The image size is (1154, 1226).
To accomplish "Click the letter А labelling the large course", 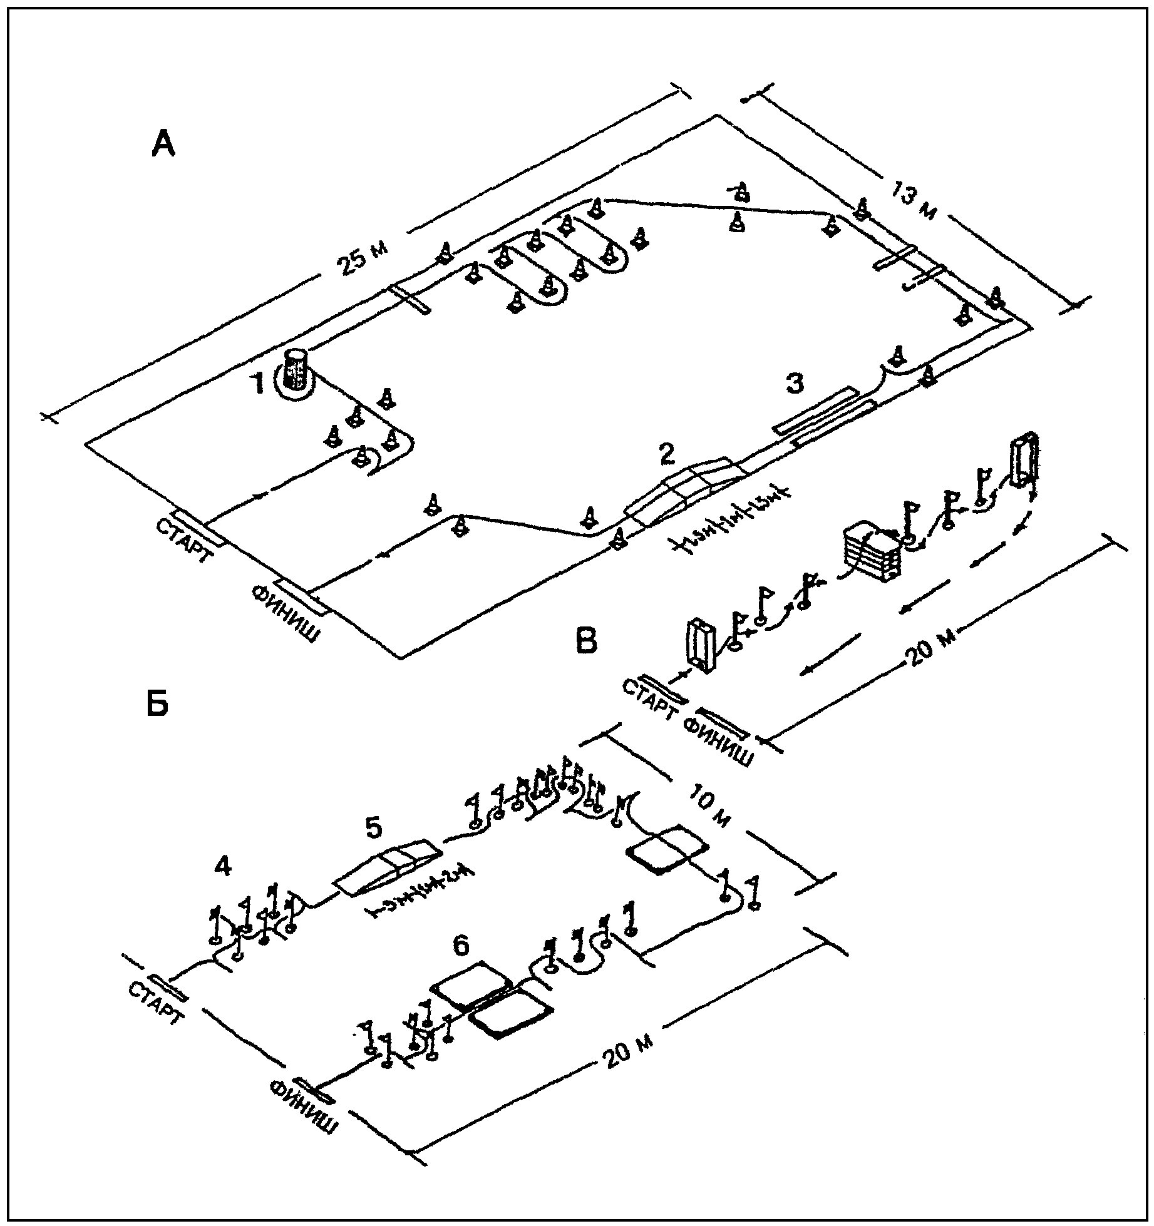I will click(x=164, y=145).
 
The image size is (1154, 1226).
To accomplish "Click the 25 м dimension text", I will click(x=363, y=257).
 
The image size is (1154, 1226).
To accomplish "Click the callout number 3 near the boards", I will click(x=794, y=383).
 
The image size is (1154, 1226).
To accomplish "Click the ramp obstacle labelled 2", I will click(x=686, y=489).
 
